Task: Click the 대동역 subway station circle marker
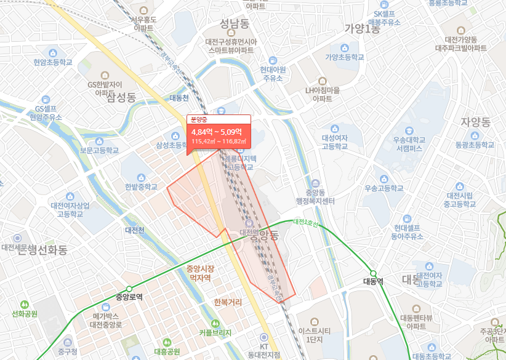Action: [x=372, y=273]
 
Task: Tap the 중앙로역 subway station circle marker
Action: [x=129, y=289]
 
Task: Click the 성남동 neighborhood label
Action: [x=234, y=23]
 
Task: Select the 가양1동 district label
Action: [x=362, y=28]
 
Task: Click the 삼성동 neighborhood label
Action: [x=121, y=97]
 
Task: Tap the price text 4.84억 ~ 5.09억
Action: [x=217, y=132]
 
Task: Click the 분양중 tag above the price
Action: [x=199, y=120]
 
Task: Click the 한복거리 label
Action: [x=227, y=302]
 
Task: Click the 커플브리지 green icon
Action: [x=215, y=323]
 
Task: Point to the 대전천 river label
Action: [x=134, y=230]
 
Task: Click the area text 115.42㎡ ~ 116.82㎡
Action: [x=219, y=142]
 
